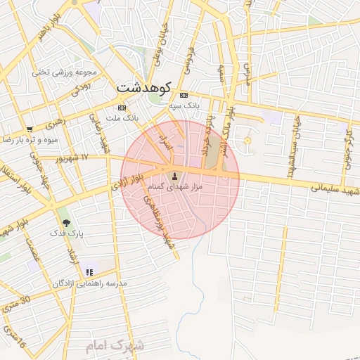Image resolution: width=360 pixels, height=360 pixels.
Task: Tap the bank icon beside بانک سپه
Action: click(184, 96)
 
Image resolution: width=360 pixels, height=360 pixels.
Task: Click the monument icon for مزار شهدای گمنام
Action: click(174, 176)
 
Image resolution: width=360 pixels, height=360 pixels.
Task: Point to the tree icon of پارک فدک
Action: click(66, 222)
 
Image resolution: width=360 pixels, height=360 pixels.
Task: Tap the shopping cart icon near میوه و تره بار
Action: click(30, 129)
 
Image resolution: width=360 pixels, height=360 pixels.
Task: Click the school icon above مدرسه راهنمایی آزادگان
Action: click(89, 272)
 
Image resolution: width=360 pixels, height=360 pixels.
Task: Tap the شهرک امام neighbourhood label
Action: click(115, 346)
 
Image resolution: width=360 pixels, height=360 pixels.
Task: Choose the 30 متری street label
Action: click(15, 304)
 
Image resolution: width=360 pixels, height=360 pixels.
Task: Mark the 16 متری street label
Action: click(13, 338)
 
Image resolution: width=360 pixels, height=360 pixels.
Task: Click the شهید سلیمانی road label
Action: click(336, 191)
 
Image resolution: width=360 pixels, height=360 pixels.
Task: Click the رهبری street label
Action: click(54, 124)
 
